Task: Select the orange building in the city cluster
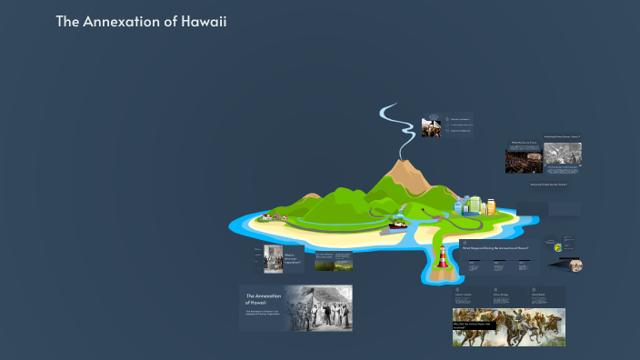tap(491, 207)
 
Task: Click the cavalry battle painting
tap(508, 326)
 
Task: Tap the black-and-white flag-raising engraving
tap(320, 308)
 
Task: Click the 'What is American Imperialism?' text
tap(290, 259)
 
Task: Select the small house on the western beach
tap(265, 216)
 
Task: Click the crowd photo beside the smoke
tap(433, 129)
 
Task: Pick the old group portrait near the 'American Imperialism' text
tap(274, 259)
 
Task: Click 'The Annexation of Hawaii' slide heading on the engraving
tap(263, 299)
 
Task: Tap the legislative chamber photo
tap(524, 160)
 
